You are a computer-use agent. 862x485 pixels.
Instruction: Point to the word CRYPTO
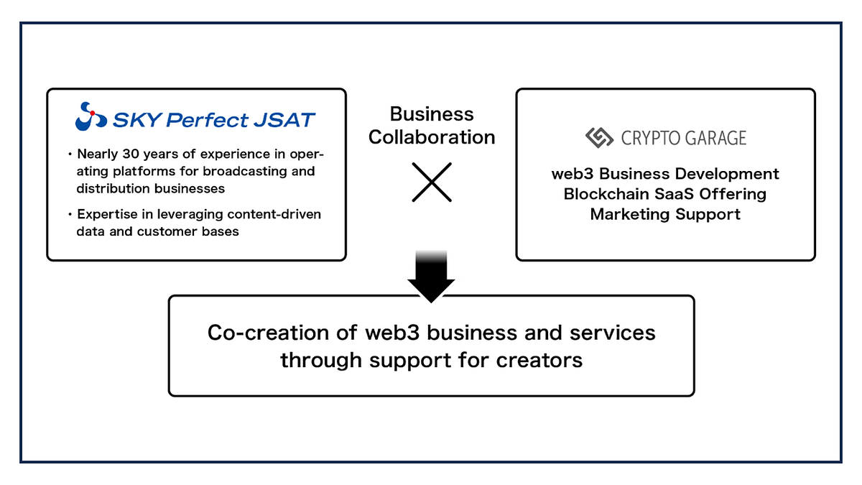[x=651, y=138]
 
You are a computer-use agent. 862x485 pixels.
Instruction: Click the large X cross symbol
[x=432, y=182]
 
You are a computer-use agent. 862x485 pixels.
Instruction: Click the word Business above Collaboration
[x=432, y=114]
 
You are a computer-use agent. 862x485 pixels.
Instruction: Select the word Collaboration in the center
[x=432, y=137]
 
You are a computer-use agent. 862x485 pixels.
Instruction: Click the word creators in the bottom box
[x=539, y=359]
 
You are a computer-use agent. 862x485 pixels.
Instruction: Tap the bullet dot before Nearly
[x=70, y=154]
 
